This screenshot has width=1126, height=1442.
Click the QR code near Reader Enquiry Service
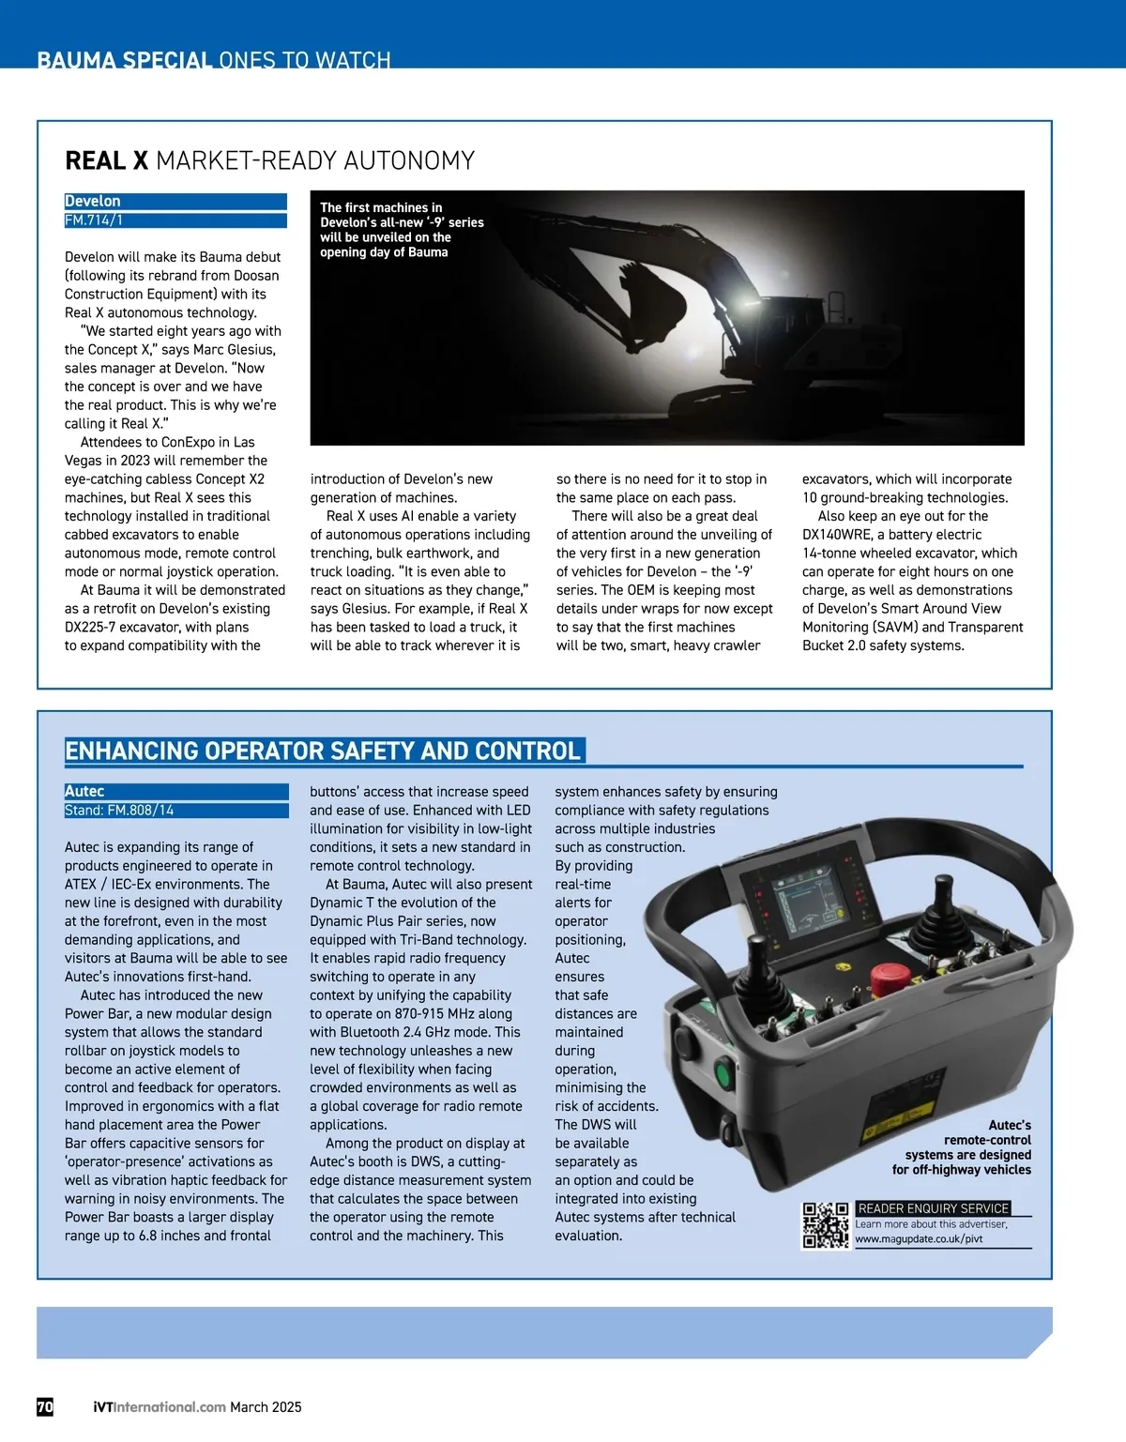click(826, 1225)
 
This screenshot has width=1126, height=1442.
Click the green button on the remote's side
click(723, 1072)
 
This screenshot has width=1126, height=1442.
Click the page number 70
click(45, 1406)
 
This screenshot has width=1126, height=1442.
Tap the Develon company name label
click(93, 202)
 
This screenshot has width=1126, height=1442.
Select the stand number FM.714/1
click(94, 220)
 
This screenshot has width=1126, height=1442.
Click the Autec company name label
click(84, 792)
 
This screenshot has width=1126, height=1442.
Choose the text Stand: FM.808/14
click(119, 811)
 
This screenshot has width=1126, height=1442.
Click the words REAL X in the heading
click(106, 161)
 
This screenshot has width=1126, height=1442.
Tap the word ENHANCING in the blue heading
click(131, 751)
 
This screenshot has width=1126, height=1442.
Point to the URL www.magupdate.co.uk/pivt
click(919, 1239)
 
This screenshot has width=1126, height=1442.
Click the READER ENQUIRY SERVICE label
click(934, 1208)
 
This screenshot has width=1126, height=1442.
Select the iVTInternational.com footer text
click(160, 1407)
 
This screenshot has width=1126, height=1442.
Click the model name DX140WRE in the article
click(837, 535)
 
